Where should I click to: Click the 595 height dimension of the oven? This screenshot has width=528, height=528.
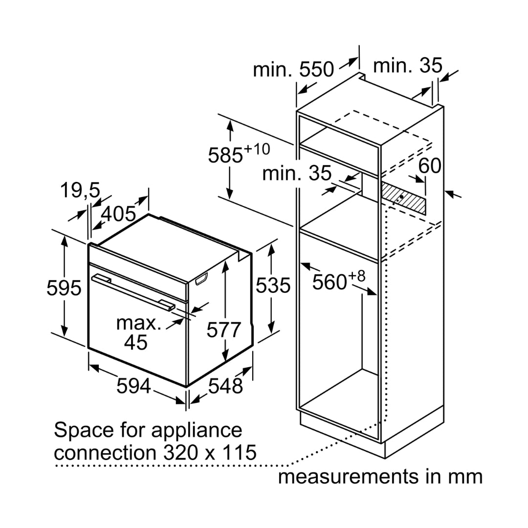click(x=64, y=288)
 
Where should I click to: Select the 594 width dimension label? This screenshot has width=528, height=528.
click(x=133, y=387)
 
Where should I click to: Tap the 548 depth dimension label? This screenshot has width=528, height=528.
click(x=225, y=386)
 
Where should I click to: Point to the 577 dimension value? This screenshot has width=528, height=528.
click(x=223, y=330)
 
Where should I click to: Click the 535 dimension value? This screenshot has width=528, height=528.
click(x=273, y=286)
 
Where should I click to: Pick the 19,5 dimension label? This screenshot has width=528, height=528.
click(x=80, y=190)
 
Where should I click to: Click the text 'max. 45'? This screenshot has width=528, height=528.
click(x=137, y=333)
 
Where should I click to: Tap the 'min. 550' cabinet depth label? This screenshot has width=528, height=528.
click(x=293, y=70)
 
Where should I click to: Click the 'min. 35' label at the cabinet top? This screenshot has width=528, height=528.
click(x=407, y=65)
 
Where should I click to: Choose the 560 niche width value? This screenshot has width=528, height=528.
click(x=330, y=282)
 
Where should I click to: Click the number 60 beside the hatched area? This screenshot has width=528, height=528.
click(x=430, y=166)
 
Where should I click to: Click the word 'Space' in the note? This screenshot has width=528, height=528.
click(x=81, y=431)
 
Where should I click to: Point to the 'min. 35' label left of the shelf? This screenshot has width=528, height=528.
click(x=297, y=174)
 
